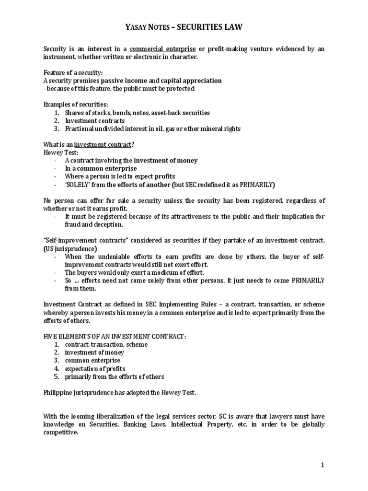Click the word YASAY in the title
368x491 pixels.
tap(136, 28)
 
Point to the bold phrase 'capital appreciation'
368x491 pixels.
tap(191, 81)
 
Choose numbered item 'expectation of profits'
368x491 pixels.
tap(95, 368)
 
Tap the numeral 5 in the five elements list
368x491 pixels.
tap(56, 376)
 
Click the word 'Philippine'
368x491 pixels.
tap(59, 393)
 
